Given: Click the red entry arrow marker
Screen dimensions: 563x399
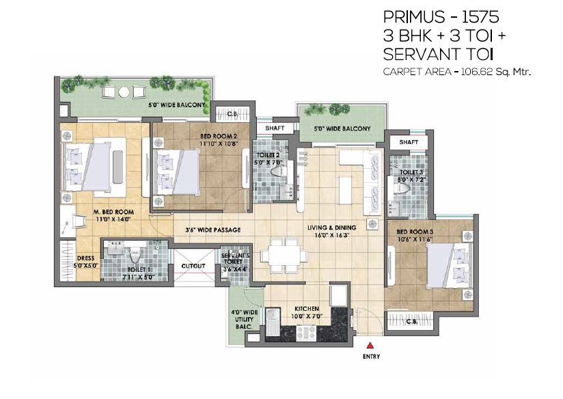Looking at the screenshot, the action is tap(370, 346).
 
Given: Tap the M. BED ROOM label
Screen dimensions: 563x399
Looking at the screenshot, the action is tap(113, 212).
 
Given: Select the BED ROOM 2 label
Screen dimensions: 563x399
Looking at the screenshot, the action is tap(219, 136).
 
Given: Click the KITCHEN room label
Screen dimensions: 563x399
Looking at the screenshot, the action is tap(307, 309).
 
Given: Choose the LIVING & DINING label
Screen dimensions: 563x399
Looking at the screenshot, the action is tap(332, 228).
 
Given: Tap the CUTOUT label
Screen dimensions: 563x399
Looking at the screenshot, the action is tap(193, 266).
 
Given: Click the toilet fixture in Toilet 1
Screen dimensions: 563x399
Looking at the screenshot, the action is tap(135, 255).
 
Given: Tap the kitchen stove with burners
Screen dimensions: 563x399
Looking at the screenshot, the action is tap(306, 333).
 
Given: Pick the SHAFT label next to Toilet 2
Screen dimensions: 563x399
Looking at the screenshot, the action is tap(275, 128).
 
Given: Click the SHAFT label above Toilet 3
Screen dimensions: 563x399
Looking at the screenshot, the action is tap(409, 142).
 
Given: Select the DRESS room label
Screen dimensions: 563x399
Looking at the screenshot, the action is tap(85, 258).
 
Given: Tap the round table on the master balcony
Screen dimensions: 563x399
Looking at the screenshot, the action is tap(124, 92).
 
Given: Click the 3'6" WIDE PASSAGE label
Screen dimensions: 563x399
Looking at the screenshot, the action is tap(213, 230).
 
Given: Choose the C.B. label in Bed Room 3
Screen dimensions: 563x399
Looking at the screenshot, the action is tap(411, 321).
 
